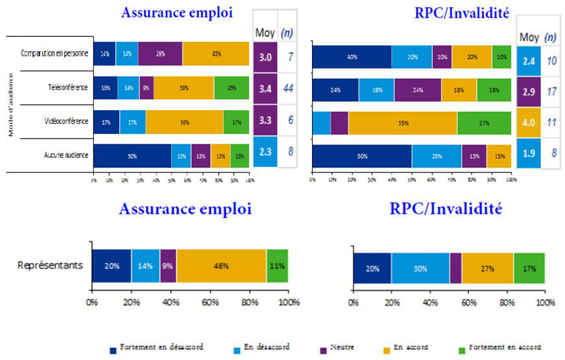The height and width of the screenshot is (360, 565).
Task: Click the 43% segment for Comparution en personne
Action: tap(216, 53)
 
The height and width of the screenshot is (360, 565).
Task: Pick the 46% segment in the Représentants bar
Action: tap(221, 265)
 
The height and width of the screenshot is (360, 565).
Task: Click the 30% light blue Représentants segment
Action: tap(420, 268)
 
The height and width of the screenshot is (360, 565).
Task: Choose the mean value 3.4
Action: tap(265, 87)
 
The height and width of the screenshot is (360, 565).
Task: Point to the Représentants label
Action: tap(50, 265)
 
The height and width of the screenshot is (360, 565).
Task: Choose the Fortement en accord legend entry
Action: tap(504, 348)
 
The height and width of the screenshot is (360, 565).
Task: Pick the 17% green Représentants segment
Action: tap(529, 268)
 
